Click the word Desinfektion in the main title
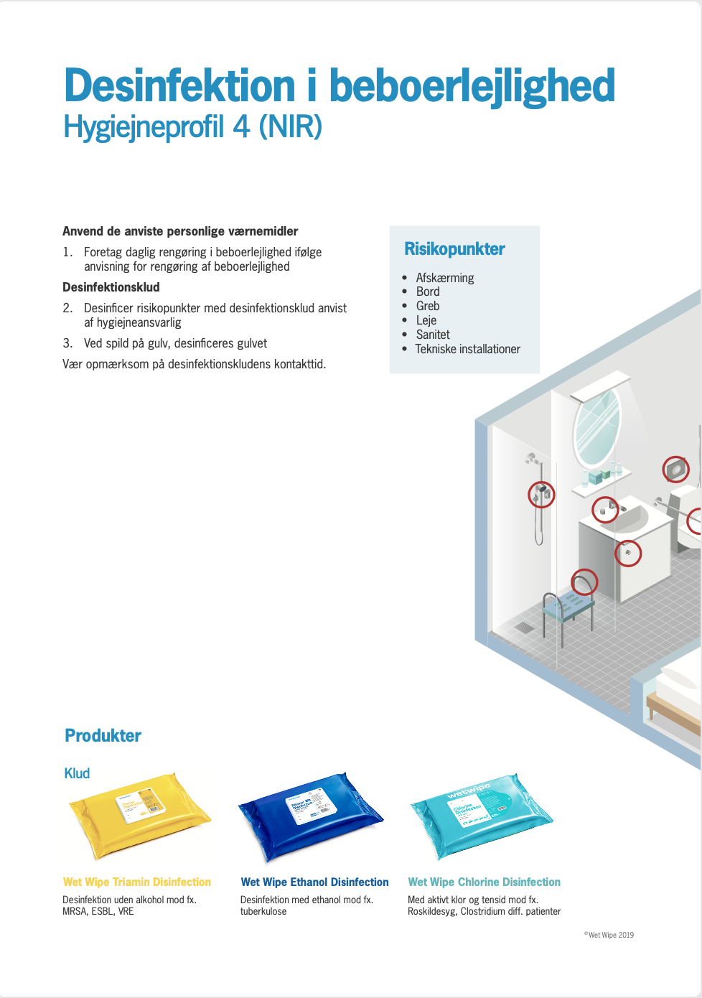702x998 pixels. point(179,86)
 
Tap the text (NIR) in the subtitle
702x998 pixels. point(290,127)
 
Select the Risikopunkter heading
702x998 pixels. point(454,249)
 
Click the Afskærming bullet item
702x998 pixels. point(445,278)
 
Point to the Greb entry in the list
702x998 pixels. point(428,306)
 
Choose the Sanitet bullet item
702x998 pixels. point(433,335)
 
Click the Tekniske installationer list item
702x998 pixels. point(467,349)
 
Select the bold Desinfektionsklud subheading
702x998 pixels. point(111,287)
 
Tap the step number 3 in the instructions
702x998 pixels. point(67,343)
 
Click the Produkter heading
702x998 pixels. point(103,735)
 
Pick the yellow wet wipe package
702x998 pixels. point(140,815)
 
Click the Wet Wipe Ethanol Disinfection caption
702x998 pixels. point(314,882)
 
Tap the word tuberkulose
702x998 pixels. point(263,911)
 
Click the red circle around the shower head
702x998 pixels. point(542,494)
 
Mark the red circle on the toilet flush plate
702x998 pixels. point(675,470)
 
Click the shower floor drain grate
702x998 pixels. point(524,628)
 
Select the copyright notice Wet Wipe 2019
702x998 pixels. point(609,935)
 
